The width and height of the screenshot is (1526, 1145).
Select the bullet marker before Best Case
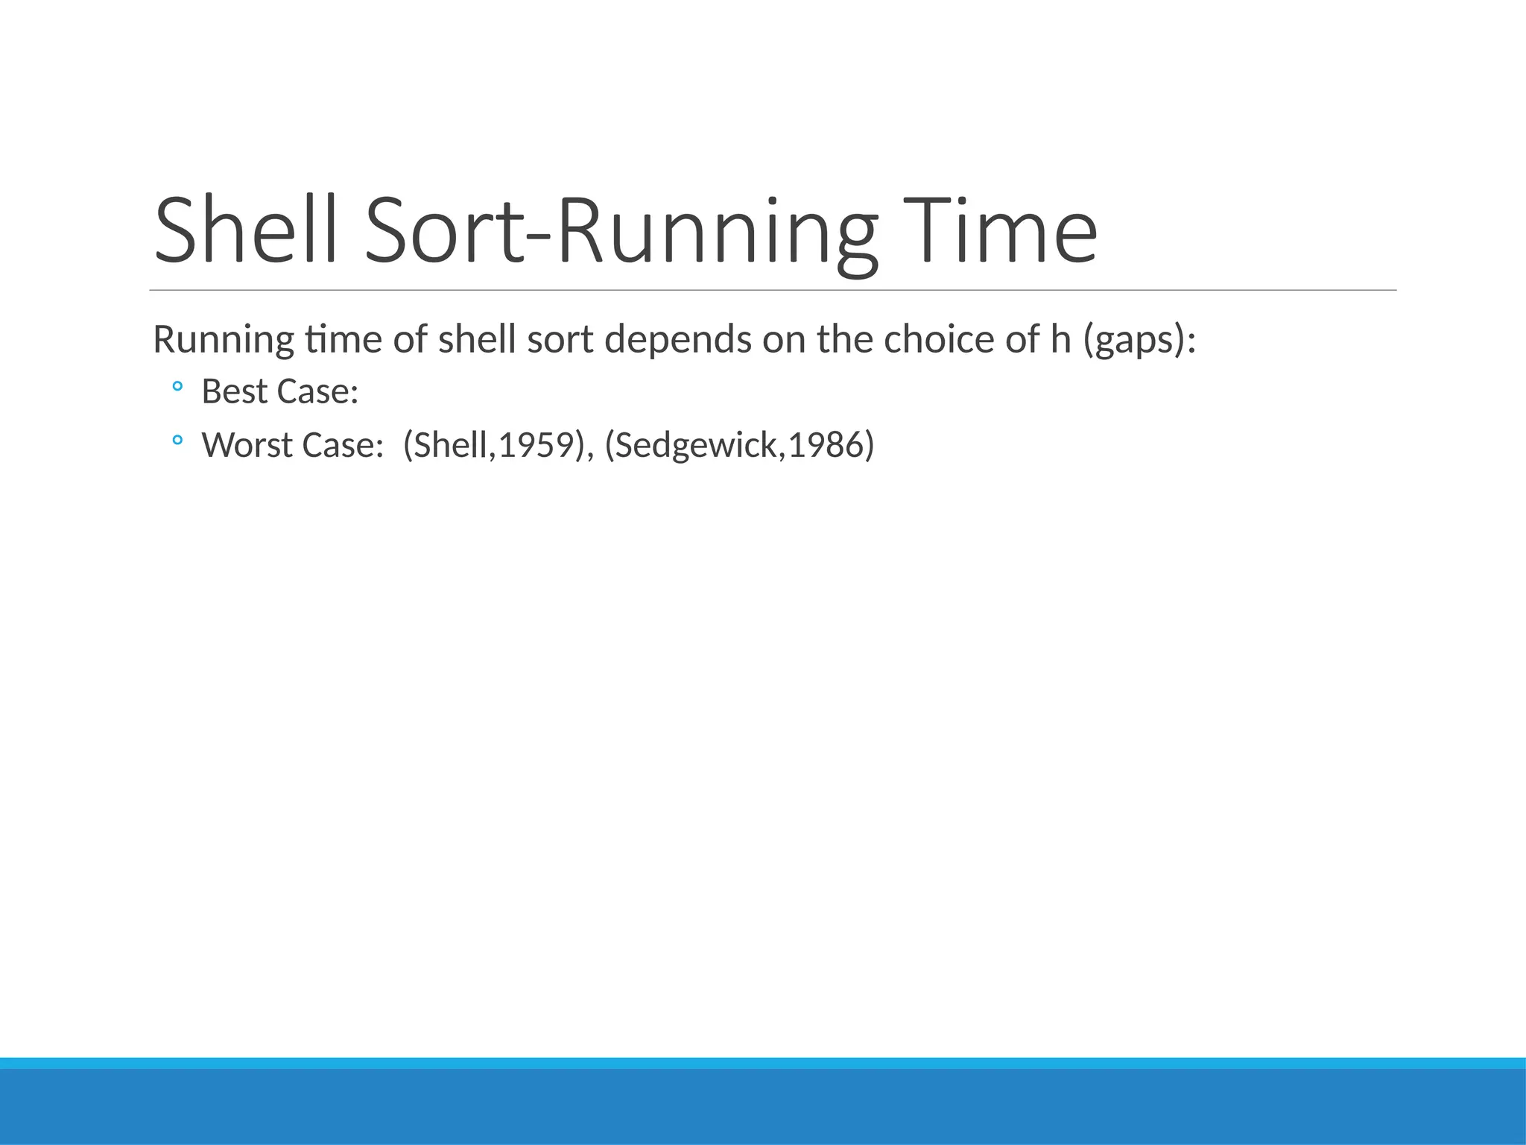point(177,386)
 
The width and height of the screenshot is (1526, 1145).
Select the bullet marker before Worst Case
point(177,441)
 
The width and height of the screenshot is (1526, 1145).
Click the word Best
point(234,391)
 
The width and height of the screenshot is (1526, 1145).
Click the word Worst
point(247,445)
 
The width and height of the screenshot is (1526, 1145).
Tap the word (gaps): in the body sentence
point(1139,340)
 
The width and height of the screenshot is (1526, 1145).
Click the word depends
point(677,340)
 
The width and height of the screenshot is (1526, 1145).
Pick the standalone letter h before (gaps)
point(1060,339)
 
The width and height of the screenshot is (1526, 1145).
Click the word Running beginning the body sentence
point(224,340)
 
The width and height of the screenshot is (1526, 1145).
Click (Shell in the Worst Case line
point(445,445)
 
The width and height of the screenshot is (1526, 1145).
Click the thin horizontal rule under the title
point(773,290)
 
